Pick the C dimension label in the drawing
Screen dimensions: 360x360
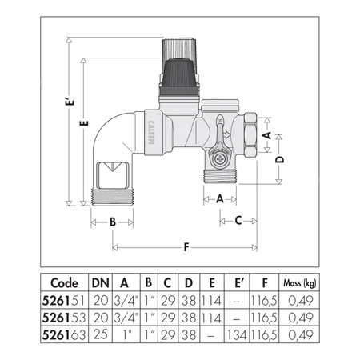(x=236, y=220)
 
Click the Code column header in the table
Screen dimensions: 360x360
(x=63, y=282)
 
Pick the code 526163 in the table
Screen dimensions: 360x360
(x=63, y=332)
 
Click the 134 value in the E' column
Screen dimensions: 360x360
(x=235, y=332)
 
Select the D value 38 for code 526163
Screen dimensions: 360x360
(x=189, y=332)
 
